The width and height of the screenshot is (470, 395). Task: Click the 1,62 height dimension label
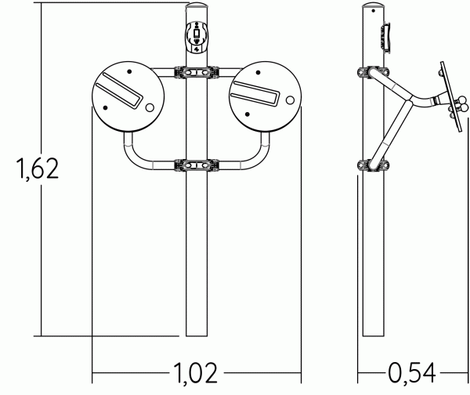(37, 169)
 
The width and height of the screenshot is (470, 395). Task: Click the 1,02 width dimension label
(195, 373)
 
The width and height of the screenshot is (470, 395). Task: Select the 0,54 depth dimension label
(412, 373)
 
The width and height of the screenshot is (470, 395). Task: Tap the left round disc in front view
(128, 97)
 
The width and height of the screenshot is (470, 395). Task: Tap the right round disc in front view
(265, 97)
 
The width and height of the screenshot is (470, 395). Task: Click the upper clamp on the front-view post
(197, 73)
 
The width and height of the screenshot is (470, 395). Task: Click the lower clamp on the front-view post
(197, 165)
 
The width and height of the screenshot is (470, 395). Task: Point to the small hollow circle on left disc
(150, 107)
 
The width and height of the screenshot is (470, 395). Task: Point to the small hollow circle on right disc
(290, 100)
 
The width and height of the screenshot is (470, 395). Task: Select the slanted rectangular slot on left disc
(119, 91)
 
